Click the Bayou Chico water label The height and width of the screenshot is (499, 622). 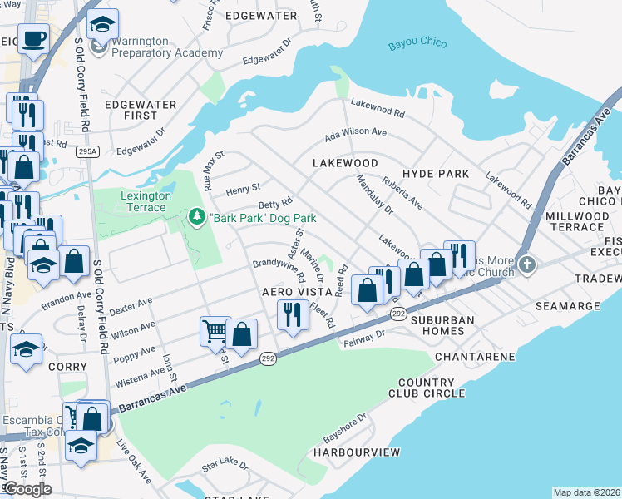(417, 44)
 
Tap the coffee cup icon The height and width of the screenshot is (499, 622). (33, 38)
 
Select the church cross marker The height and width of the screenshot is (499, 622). (526, 266)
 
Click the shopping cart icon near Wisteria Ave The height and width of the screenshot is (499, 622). (215, 331)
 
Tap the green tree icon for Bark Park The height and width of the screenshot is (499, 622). (197, 218)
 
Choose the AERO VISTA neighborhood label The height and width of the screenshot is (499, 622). (292, 293)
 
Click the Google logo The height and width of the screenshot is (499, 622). (27, 488)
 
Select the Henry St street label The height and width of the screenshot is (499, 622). (243, 188)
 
